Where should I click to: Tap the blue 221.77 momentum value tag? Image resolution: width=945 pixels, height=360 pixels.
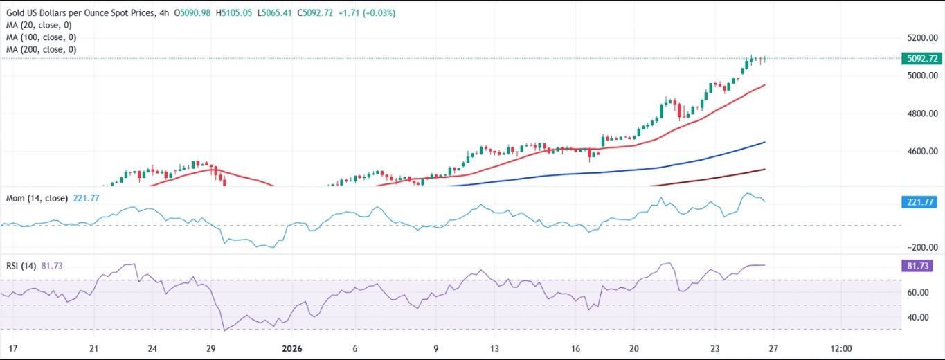pos(921,202)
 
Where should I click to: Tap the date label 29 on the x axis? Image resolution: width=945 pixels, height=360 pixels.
pos(211,349)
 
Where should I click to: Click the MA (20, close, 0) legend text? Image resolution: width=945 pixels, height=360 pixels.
pos(42,25)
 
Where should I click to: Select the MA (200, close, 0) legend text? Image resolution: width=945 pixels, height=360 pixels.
pos(42,50)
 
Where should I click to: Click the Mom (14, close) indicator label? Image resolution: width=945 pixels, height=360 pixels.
pos(37,198)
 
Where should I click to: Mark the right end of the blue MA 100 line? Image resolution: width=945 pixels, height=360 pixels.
pos(764,142)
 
